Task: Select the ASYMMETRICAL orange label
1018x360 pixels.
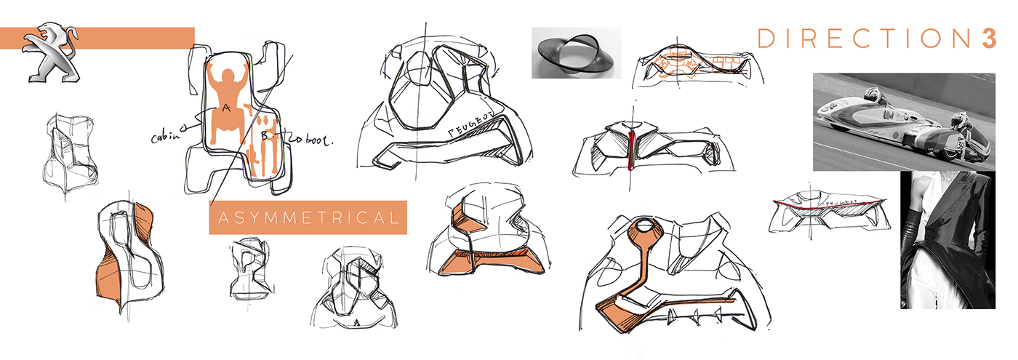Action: tap(308, 217)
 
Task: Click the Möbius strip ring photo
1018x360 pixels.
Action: tap(575, 52)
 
